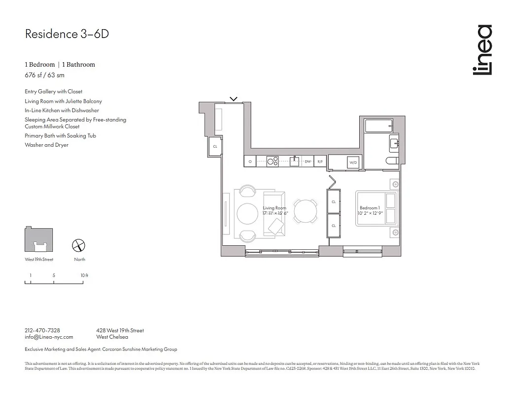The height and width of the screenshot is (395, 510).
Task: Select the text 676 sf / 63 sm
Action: point(44,76)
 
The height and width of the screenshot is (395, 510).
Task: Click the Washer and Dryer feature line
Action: point(46,145)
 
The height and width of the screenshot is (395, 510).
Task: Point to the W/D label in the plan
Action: point(353,162)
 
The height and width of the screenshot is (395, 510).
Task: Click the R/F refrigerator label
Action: point(320,161)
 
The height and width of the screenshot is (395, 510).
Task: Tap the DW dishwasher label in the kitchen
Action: point(307,161)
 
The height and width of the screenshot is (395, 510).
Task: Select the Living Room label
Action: point(274,208)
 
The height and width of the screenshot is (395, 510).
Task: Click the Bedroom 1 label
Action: point(370,208)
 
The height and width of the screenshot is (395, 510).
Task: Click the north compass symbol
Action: point(79,245)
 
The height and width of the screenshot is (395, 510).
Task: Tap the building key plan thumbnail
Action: point(39,240)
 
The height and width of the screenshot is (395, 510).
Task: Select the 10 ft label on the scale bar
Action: point(84,275)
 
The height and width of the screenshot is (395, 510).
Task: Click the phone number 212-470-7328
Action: point(42,330)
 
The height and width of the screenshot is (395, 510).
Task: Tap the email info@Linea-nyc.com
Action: point(49,337)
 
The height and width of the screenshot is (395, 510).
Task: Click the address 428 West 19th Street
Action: point(120,330)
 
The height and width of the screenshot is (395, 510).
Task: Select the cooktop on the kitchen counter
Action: point(272,160)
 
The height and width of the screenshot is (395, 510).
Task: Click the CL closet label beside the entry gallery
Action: point(215,147)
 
